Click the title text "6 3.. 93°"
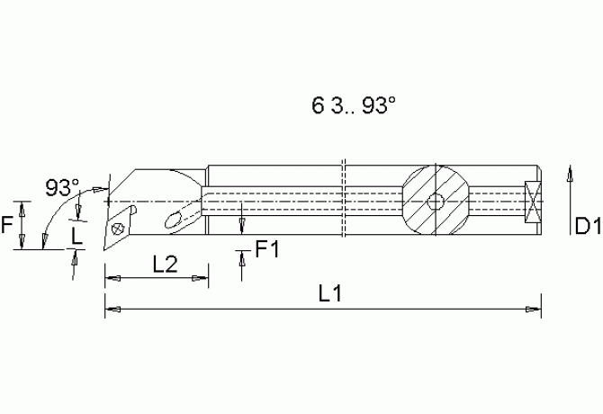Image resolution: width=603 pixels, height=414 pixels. point(354,105)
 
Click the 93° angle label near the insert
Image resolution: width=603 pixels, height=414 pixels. point(62,187)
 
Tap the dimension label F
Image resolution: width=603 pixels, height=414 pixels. point(6,224)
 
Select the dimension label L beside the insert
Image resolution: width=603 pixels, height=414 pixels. point(76,236)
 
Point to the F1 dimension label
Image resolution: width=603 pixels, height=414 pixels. point(267,249)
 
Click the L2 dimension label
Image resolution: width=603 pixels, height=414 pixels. point(166,264)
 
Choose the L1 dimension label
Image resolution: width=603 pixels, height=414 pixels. point(330,293)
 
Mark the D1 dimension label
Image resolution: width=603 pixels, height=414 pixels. point(588,226)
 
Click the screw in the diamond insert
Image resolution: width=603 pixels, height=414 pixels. point(117,229)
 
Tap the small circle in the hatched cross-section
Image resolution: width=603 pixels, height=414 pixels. point(436,201)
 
